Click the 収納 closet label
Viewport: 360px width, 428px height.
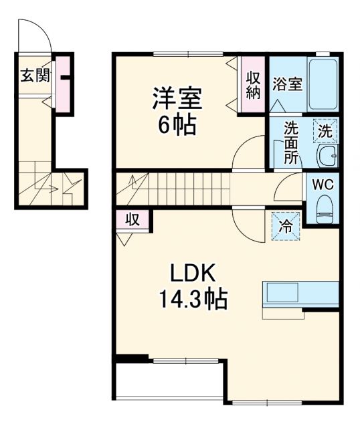click(x=252, y=85)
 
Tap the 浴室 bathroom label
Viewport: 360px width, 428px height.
click(x=287, y=84)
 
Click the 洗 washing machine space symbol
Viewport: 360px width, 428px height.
click(x=325, y=132)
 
